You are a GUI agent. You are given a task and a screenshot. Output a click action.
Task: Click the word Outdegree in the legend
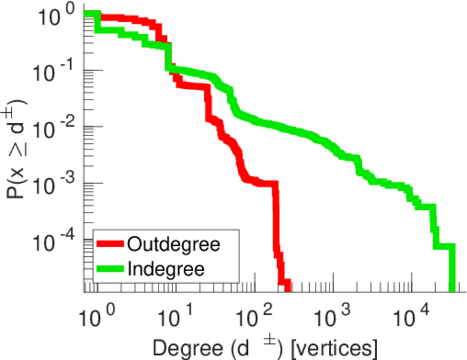click(173, 244)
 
